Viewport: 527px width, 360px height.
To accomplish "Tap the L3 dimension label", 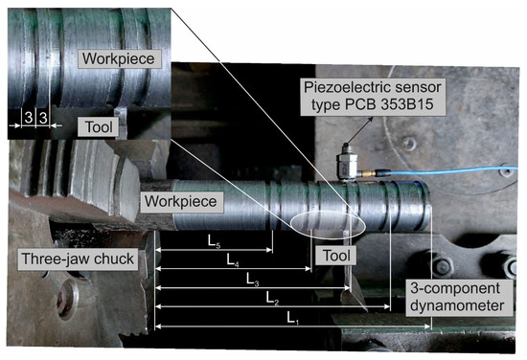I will [x=252, y=280].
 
